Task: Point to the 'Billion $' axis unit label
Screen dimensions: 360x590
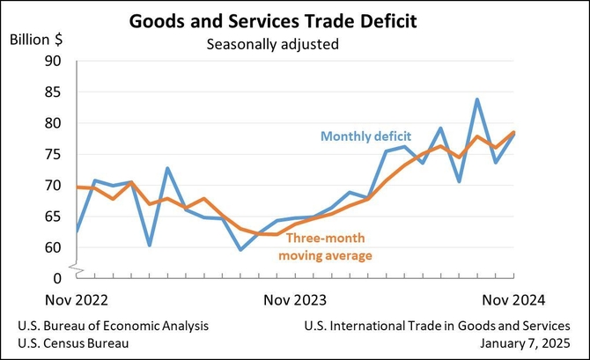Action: [37, 40]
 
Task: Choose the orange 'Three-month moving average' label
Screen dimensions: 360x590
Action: [323, 246]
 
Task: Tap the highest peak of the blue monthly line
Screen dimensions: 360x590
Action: [477, 99]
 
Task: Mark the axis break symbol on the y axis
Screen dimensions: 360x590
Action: [77, 264]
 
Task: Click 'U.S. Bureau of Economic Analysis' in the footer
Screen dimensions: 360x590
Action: [114, 326]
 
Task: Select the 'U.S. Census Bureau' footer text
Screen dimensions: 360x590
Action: [73, 343]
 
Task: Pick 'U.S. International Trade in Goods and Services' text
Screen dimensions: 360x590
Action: [443, 326]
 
